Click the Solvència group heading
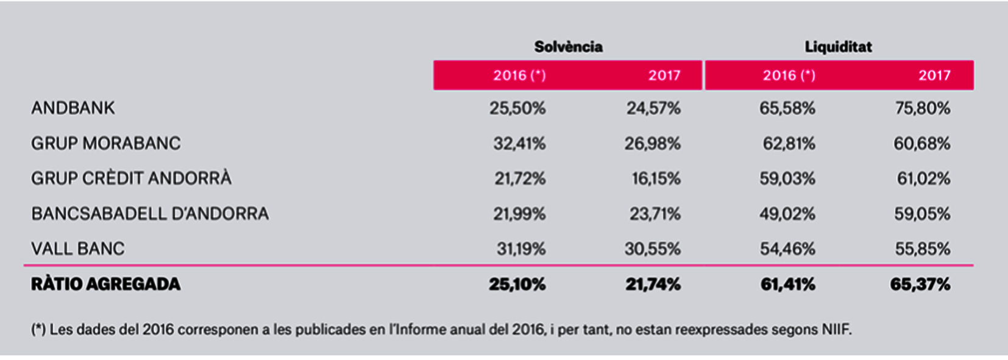click(x=568, y=47)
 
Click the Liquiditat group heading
click(x=838, y=47)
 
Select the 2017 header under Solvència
click(x=664, y=76)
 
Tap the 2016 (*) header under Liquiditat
click(x=789, y=76)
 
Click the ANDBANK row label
click(x=73, y=108)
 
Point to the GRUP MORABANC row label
click(x=106, y=144)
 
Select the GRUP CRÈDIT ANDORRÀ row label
click(x=131, y=178)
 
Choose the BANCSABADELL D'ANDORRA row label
click(x=150, y=214)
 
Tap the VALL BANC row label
click(x=78, y=249)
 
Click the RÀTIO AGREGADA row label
click(x=106, y=284)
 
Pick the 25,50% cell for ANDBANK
click(x=517, y=108)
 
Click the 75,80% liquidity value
click(x=922, y=108)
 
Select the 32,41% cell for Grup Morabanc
click(x=519, y=144)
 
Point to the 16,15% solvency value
click(x=656, y=178)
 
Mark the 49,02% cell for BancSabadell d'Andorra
click(x=787, y=214)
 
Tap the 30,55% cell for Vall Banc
click(x=652, y=249)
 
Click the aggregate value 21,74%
click(x=653, y=284)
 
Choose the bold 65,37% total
click(x=920, y=284)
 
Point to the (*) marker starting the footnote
click(x=38, y=330)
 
